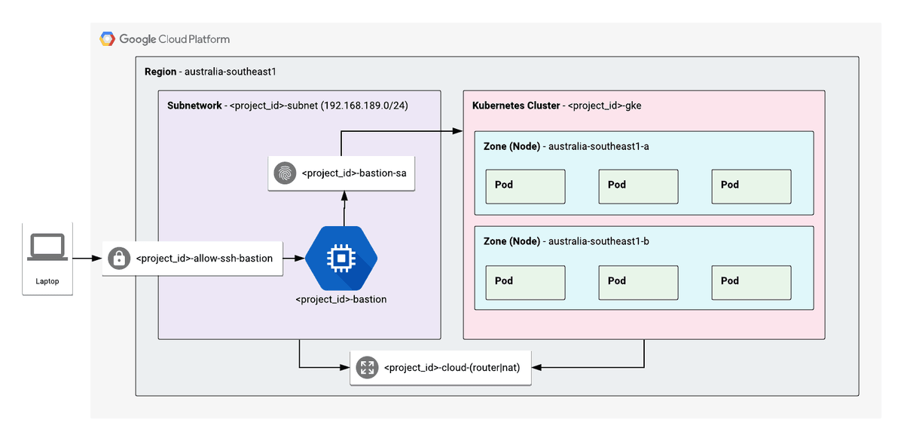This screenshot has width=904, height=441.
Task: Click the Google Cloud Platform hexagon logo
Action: click(x=108, y=39)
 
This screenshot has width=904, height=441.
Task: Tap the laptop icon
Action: click(x=47, y=247)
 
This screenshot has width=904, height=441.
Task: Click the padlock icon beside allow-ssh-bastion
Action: click(x=118, y=259)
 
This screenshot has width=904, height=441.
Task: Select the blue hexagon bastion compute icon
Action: click(x=341, y=259)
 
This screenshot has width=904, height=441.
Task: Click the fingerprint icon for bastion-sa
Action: click(x=285, y=173)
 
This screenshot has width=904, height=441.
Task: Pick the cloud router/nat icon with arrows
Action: click(x=367, y=368)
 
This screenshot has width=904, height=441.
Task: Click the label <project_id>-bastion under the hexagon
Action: click(x=341, y=299)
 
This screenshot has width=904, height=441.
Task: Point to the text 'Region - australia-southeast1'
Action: click(x=210, y=72)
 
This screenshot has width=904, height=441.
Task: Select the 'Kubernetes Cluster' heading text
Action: click(x=516, y=106)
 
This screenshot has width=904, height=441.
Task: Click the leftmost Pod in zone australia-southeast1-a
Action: click(x=525, y=186)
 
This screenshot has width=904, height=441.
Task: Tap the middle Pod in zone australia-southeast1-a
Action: click(x=638, y=186)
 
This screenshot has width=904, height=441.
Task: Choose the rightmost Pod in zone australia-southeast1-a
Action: click(x=751, y=186)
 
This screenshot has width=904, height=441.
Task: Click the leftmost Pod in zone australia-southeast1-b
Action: click(x=525, y=282)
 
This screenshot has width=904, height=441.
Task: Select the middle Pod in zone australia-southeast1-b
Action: click(x=638, y=282)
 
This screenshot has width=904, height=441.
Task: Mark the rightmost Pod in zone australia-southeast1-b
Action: click(x=751, y=282)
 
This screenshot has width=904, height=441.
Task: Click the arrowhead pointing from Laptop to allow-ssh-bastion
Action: click(x=97, y=259)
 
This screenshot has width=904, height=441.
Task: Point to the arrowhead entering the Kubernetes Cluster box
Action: click(x=457, y=131)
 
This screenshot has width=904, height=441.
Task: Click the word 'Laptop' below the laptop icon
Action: click(x=47, y=282)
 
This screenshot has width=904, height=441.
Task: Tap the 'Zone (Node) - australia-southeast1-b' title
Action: click(x=566, y=241)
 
